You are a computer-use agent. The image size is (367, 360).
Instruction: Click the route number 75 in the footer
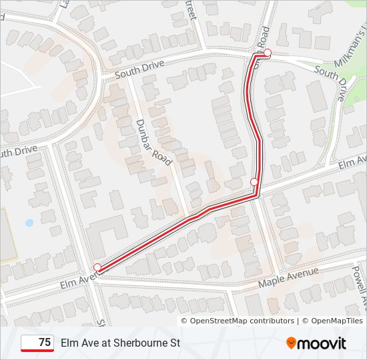coord(45,343)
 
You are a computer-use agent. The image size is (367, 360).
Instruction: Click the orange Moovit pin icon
coord(291,343)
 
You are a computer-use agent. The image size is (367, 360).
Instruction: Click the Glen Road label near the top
coord(260,41)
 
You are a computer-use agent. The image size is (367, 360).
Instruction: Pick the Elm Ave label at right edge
coord(352,163)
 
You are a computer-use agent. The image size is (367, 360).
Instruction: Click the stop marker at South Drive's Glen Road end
coord(268,53)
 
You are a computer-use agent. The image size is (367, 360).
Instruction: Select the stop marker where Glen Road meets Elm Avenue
coord(254,181)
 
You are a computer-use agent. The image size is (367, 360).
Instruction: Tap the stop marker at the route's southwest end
coord(97,267)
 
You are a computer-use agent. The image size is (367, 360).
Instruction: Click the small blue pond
coord(29,223)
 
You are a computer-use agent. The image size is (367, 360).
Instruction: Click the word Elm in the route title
coord(69,343)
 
